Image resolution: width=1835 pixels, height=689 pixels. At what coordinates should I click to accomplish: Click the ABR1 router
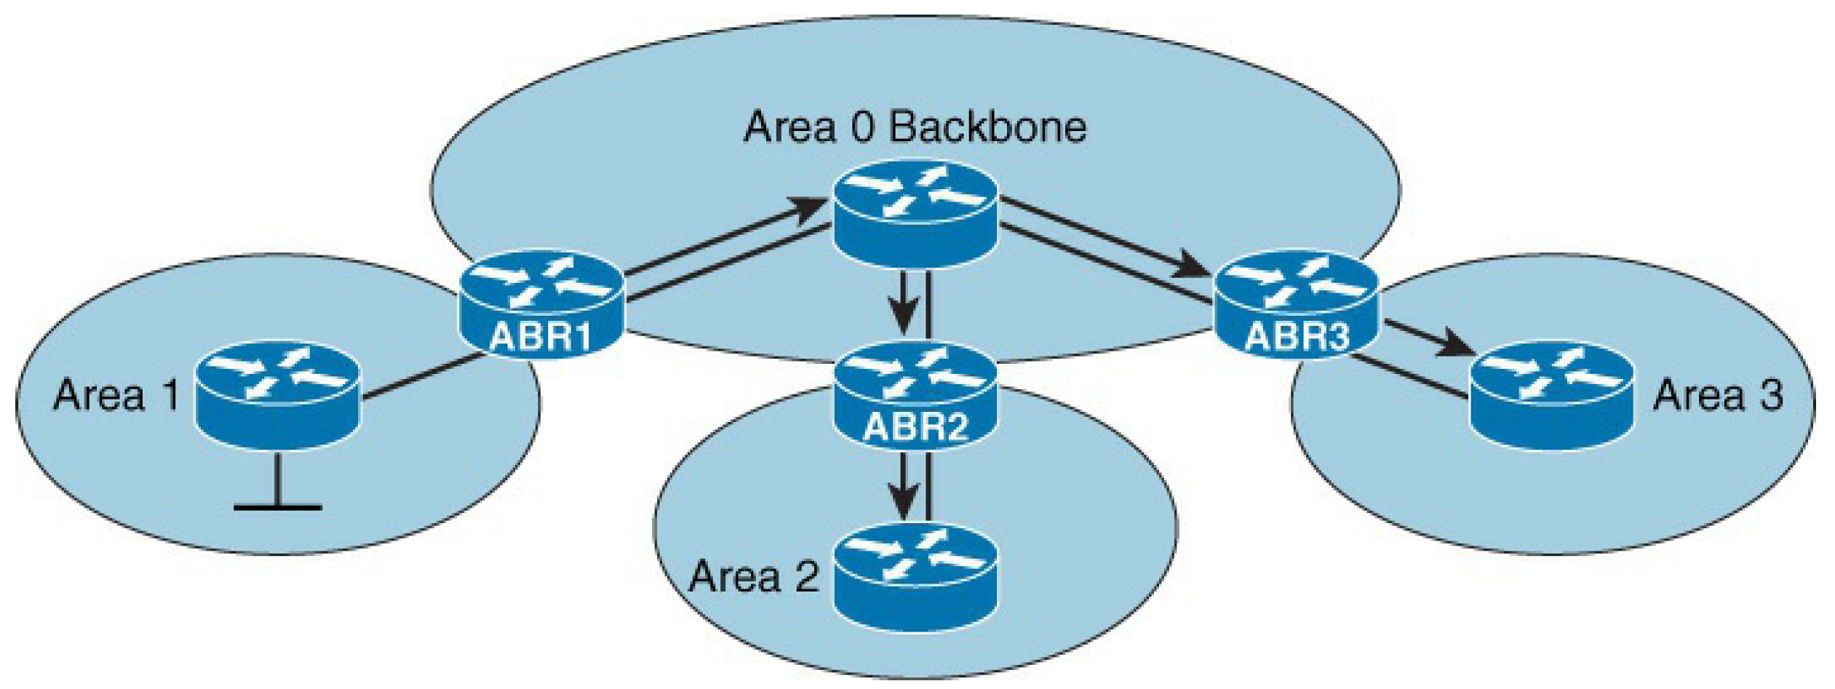(x=541, y=304)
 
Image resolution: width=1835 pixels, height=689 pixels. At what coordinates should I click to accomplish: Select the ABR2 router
(x=915, y=397)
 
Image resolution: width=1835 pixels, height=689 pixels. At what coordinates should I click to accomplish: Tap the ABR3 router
(x=1297, y=304)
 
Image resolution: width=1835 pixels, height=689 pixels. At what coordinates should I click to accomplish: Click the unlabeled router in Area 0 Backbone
(x=915, y=213)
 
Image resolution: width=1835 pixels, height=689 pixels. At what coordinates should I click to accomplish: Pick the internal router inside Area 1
(x=278, y=394)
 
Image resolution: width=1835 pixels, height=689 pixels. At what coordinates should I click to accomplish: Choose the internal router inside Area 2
(x=915, y=576)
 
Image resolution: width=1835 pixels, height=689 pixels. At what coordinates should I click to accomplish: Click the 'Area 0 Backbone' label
(x=915, y=127)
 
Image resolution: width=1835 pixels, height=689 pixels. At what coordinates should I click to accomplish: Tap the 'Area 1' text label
(x=116, y=396)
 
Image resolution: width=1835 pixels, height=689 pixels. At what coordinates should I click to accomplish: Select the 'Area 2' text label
(x=754, y=577)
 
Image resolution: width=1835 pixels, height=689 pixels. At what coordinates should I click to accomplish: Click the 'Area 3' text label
(x=1718, y=396)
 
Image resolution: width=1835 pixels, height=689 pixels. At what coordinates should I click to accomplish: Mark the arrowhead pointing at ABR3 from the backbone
(x=1193, y=266)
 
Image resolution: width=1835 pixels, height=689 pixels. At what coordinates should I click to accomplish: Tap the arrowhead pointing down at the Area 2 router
(x=904, y=502)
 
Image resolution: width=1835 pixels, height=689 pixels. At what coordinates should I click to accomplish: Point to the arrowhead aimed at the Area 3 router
(x=1459, y=343)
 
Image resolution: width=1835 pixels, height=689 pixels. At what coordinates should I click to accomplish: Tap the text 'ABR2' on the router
(x=915, y=426)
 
